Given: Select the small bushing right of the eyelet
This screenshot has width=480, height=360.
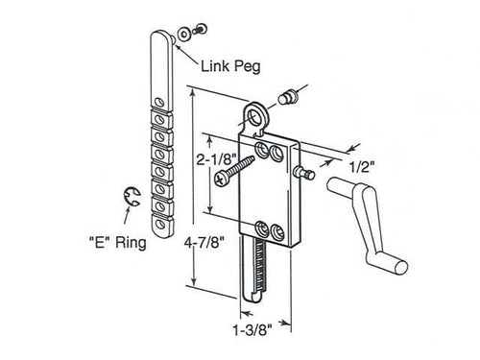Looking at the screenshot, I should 291,97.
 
